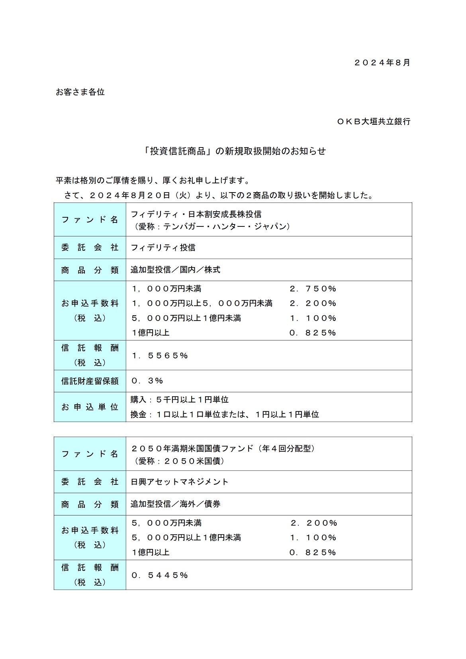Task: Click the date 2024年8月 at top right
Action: (x=382, y=63)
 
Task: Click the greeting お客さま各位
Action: (x=80, y=92)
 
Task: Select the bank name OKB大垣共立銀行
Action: (x=374, y=122)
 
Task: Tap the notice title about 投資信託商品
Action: (x=235, y=151)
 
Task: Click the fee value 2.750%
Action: (x=313, y=289)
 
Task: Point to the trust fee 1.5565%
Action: (x=159, y=355)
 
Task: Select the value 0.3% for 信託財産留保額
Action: (x=147, y=381)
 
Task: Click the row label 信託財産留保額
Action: (x=90, y=381)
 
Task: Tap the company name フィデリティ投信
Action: (x=163, y=248)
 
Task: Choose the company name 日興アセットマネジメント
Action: (x=180, y=482)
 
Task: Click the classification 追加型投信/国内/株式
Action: (x=175, y=270)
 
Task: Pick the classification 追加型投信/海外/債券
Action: (x=175, y=504)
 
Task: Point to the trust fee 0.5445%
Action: (x=159, y=575)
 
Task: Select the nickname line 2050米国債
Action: (x=180, y=461)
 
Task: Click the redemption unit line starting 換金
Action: (x=225, y=414)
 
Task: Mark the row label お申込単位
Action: (x=90, y=407)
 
